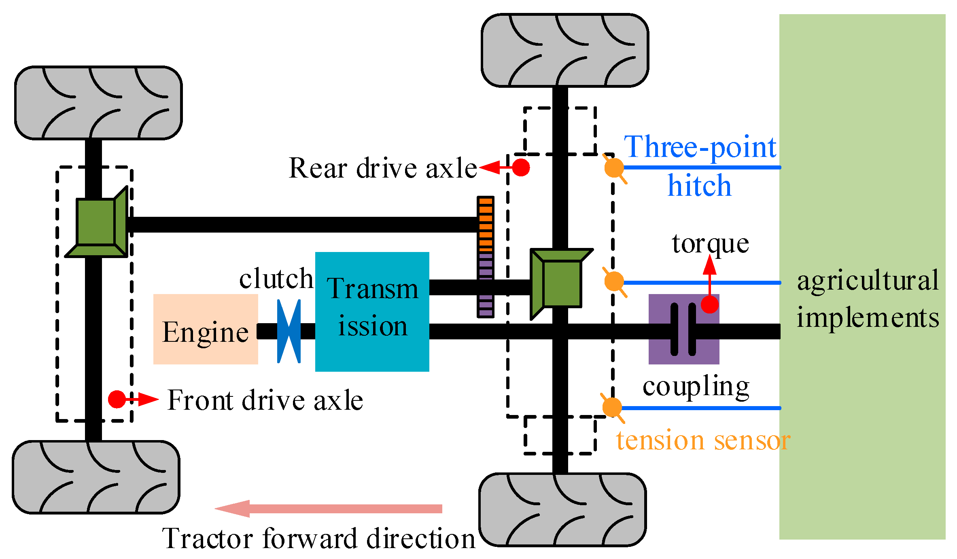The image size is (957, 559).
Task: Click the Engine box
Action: (x=206, y=329)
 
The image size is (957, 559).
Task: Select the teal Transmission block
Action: (x=372, y=311)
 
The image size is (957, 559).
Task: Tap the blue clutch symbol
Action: (x=289, y=331)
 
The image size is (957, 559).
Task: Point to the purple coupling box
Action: (x=683, y=329)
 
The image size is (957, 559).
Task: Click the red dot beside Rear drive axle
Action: (x=521, y=167)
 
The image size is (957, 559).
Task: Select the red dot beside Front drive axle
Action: (x=117, y=399)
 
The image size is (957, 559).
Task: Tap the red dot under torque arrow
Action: (x=709, y=304)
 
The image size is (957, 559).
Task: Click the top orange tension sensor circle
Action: (x=614, y=168)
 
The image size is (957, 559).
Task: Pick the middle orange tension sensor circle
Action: (x=614, y=281)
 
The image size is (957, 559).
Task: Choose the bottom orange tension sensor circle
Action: (x=612, y=407)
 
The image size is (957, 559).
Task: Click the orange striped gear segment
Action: (x=486, y=224)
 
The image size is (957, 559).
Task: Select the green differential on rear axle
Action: (x=560, y=283)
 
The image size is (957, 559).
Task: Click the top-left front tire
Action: (x=98, y=103)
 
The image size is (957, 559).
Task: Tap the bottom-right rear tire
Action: (x=562, y=510)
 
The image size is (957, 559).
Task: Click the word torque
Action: (x=710, y=244)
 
